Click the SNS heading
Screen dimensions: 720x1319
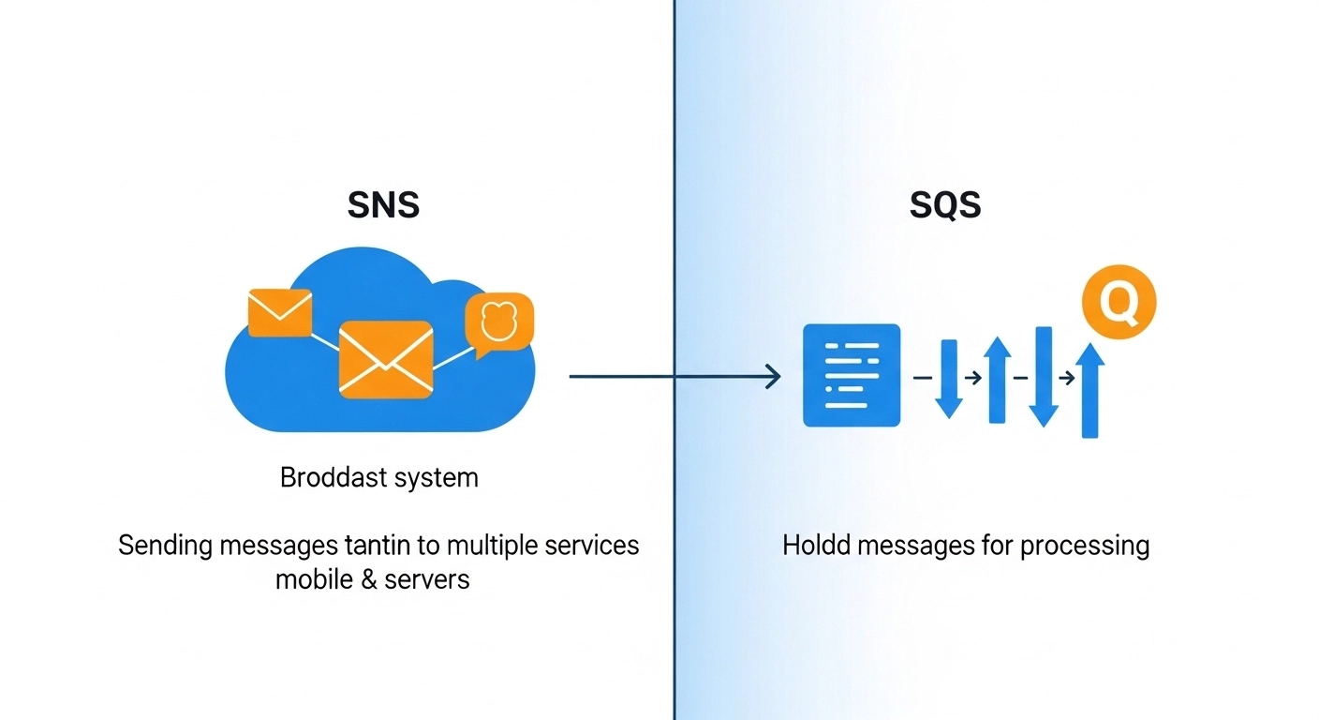coord(383,204)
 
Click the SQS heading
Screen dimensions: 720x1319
coord(945,204)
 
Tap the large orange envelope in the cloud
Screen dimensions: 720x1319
coord(385,359)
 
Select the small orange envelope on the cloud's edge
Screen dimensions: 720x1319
coord(280,313)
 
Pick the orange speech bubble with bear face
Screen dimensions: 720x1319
coord(498,322)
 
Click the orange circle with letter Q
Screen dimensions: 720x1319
coord(1119,301)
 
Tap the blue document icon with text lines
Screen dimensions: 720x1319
coord(852,375)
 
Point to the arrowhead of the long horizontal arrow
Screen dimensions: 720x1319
coord(774,377)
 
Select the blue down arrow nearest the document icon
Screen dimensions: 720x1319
coord(949,379)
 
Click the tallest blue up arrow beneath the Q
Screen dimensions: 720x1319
coord(1089,389)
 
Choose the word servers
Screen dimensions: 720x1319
coord(428,579)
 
